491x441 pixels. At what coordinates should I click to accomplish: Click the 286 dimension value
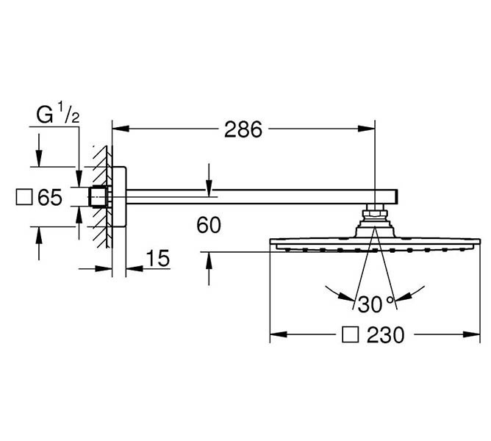tap(243, 129)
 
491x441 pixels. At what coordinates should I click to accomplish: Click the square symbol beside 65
tap(24, 197)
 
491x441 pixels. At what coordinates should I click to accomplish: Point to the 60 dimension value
tap(209, 225)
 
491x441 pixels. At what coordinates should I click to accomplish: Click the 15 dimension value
tap(157, 258)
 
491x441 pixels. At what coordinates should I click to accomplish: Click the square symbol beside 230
tap(351, 336)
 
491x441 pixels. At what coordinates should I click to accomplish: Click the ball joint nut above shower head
tap(375, 216)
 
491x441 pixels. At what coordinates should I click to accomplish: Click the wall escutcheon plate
tap(118, 197)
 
